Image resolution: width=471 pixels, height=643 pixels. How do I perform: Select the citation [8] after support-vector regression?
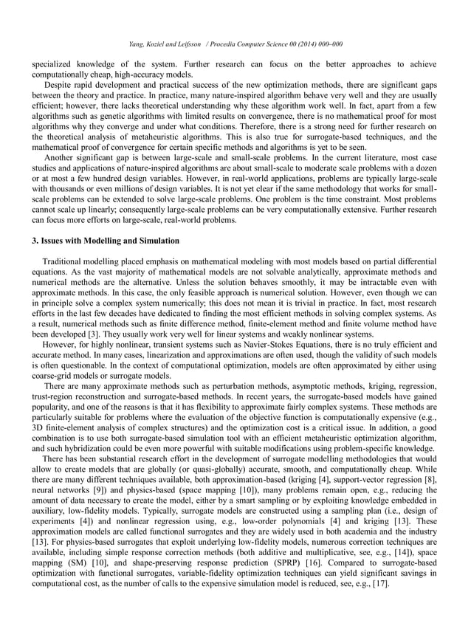point(431,480)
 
